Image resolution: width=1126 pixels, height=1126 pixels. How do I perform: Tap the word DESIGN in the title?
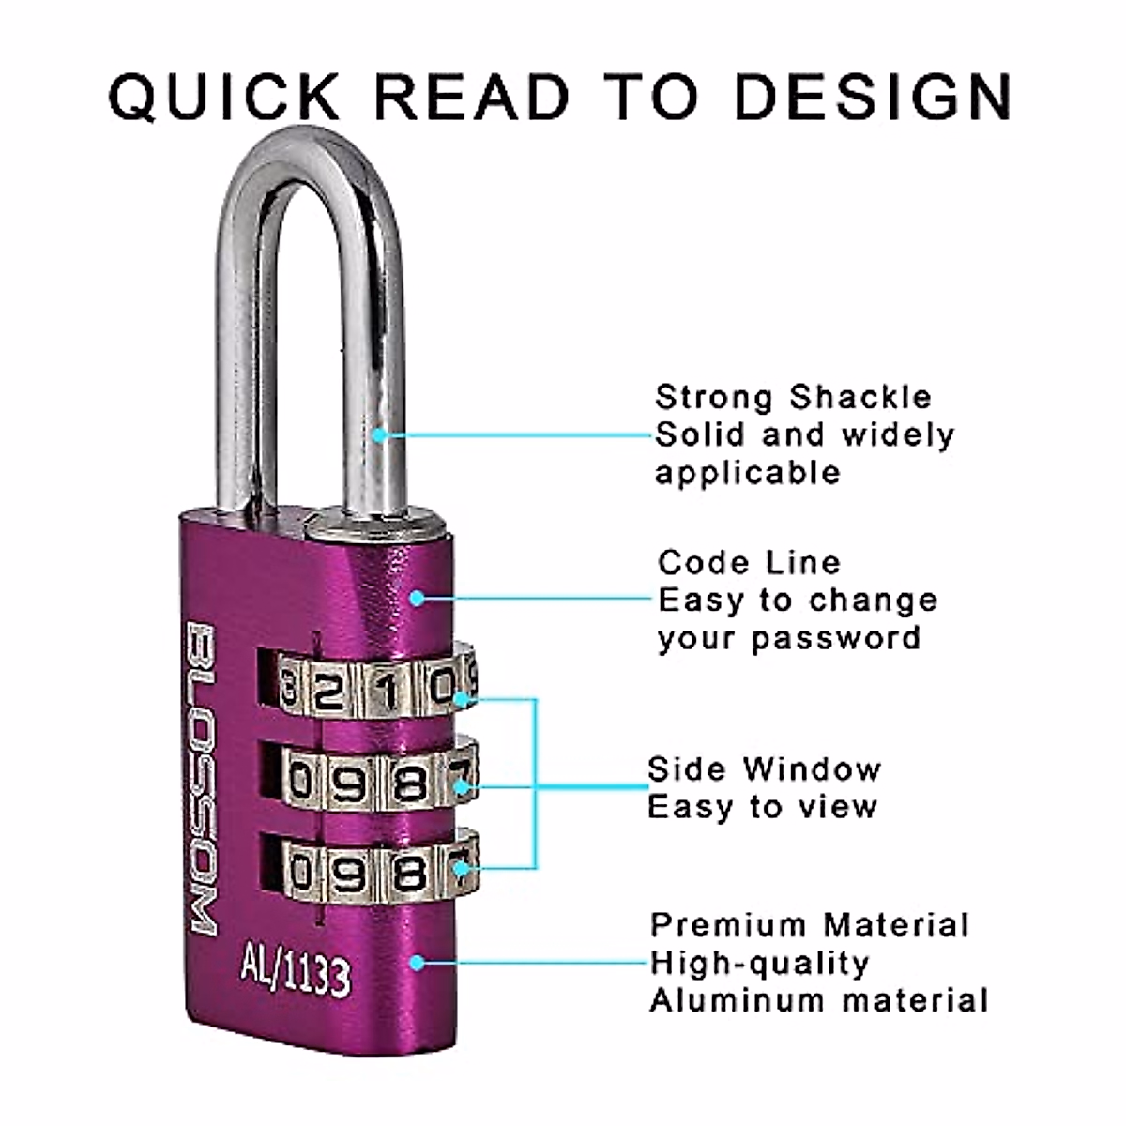point(873,96)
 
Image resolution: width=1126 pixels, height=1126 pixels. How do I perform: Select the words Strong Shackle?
point(793,397)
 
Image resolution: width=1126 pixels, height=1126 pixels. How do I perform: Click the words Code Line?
point(749,562)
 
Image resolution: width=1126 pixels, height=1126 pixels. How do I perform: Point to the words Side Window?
point(764,768)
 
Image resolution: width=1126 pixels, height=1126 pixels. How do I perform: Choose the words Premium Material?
point(809,925)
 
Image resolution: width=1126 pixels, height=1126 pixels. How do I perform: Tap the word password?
point(835,638)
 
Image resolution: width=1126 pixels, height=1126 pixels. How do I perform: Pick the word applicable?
point(747,472)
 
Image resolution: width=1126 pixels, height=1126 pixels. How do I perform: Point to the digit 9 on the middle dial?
point(349,782)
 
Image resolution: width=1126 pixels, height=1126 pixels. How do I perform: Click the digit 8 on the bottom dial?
point(408,872)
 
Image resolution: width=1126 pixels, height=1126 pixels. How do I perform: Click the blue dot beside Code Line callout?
point(417,597)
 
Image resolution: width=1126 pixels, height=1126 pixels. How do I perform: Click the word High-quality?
point(759,963)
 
